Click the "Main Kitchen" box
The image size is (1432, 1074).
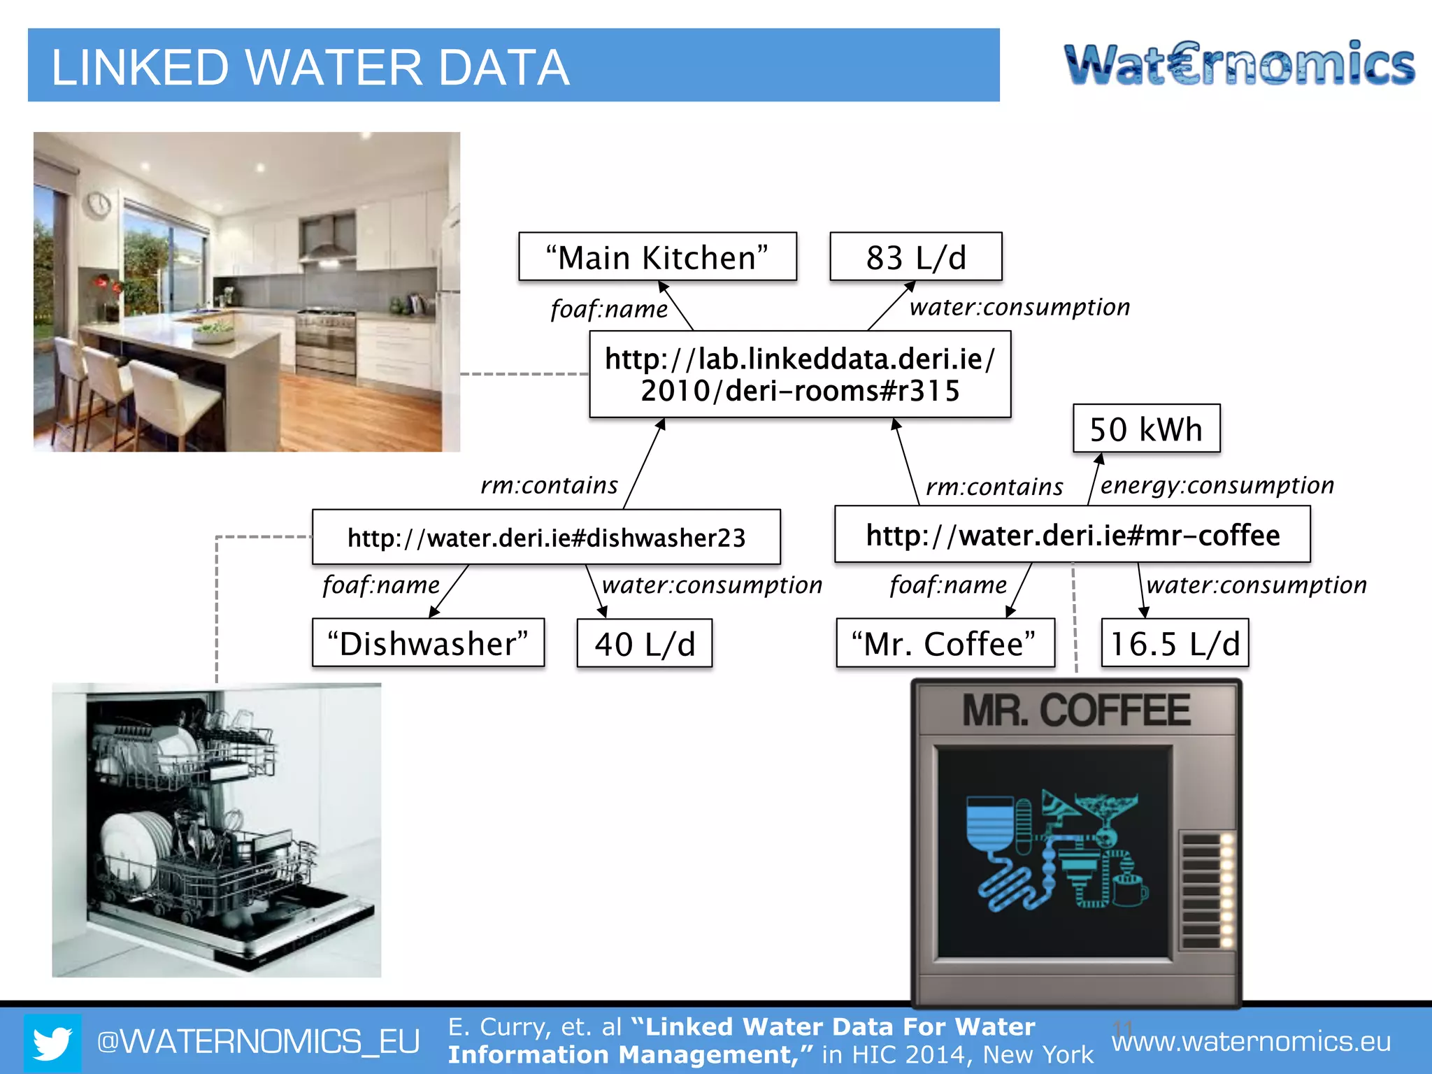[x=657, y=257]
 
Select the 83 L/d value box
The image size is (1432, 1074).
[x=915, y=257]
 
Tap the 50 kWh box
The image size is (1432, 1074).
[x=1146, y=429]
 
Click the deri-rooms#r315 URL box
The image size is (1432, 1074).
[x=800, y=375]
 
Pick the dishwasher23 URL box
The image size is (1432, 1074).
[x=546, y=537]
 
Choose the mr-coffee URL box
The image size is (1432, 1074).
[x=1072, y=536]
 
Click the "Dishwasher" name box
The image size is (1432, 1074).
[x=428, y=643]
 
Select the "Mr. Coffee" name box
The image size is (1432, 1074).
[x=945, y=643]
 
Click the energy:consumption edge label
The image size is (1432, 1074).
[x=1217, y=485]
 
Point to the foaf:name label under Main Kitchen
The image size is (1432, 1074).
[x=609, y=309]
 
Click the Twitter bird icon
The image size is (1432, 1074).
[x=52, y=1043]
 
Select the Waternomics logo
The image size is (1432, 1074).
[x=1239, y=64]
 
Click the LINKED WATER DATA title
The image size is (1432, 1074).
[x=310, y=68]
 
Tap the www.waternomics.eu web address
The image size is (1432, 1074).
[x=1251, y=1042]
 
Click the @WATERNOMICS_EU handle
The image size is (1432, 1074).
[x=258, y=1042]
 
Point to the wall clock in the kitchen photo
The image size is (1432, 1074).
[x=99, y=203]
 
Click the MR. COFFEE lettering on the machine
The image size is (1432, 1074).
[x=1076, y=710]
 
